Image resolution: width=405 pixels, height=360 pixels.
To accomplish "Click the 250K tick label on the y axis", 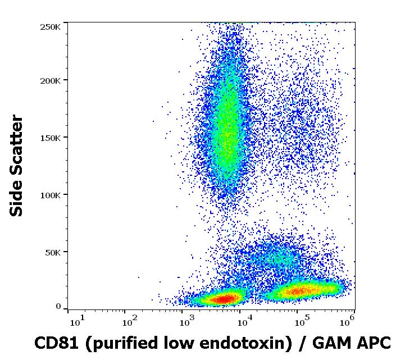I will click(51, 27).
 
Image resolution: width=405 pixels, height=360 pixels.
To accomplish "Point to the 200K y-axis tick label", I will click(51, 80).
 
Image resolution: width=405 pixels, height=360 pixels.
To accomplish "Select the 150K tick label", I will click(51, 138).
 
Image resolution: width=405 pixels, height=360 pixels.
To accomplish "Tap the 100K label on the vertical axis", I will click(51, 195).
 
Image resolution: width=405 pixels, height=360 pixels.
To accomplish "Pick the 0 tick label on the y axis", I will click(58, 307).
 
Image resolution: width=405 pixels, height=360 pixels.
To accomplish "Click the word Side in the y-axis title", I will click(17, 198).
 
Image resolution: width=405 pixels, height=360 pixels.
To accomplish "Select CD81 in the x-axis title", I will click(54, 343).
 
